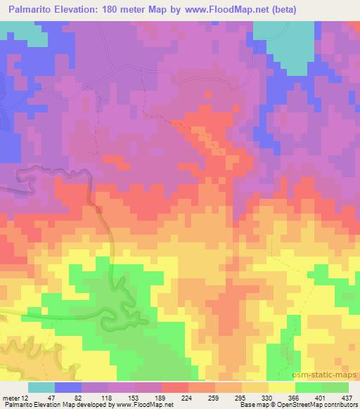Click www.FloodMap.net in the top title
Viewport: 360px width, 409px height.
[x=215, y=10]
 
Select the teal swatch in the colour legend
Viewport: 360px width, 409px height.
[x=41, y=387]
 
